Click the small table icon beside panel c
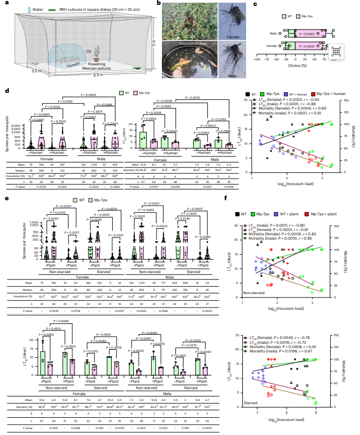(336, 52)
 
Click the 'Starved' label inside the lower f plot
(253, 417)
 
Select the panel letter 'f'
(239, 200)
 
